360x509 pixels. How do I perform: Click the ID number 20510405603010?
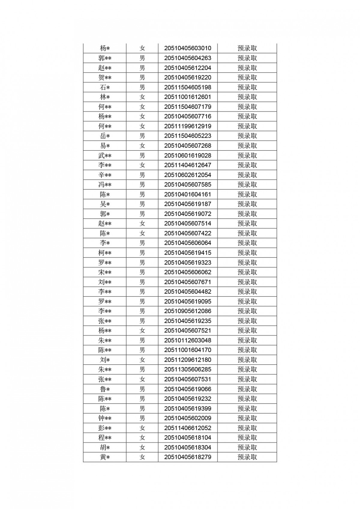(187, 48)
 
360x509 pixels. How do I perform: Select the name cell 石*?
(105, 87)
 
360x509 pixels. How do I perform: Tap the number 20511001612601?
(187, 97)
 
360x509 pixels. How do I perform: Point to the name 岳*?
(105, 136)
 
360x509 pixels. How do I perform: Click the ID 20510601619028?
(187, 155)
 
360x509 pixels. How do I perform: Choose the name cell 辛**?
(105, 175)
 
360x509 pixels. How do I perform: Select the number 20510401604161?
(187, 194)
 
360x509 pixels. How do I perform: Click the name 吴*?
(105, 204)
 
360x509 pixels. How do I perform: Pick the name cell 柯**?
(105, 253)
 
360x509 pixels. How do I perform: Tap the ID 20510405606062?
(187, 272)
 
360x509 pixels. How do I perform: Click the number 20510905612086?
(187, 311)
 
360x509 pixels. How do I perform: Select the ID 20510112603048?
(187, 340)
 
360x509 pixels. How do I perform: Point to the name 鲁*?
(105, 389)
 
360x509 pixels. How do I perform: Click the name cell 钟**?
(105, 418)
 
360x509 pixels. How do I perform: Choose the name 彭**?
(105, 428)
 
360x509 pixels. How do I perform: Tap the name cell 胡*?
(105, 448)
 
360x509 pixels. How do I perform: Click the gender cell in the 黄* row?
(142, 457)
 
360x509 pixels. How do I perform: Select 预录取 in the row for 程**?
(247, 438)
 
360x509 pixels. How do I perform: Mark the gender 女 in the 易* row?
(142, 146)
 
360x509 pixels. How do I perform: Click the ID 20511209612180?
(187, 360)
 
